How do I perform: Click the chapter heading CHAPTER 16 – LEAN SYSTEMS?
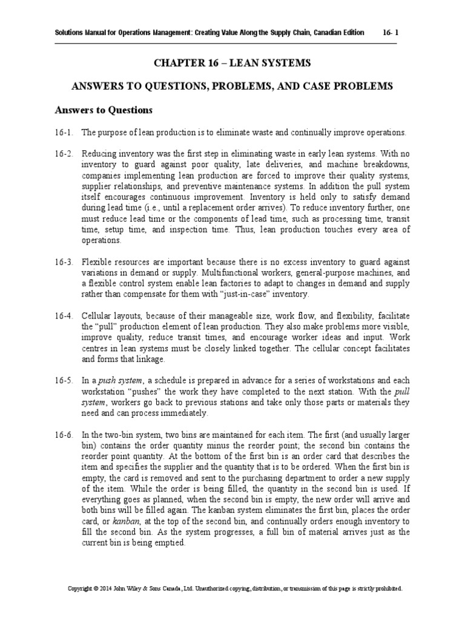click(x=232, y=64)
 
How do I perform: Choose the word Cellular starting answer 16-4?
click(x=99, y=316)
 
